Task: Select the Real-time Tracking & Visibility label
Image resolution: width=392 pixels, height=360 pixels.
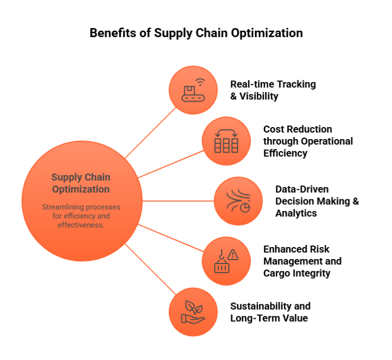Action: [x=273, y=90]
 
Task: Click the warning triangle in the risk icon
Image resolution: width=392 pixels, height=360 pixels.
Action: [x=233, y=255]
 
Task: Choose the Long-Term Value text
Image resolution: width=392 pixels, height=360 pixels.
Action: [x=269, y=318]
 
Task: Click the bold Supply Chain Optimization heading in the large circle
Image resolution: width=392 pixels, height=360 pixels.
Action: [x=80, y=183]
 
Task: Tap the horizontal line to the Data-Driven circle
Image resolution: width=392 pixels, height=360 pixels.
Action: [x=176, y=201]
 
